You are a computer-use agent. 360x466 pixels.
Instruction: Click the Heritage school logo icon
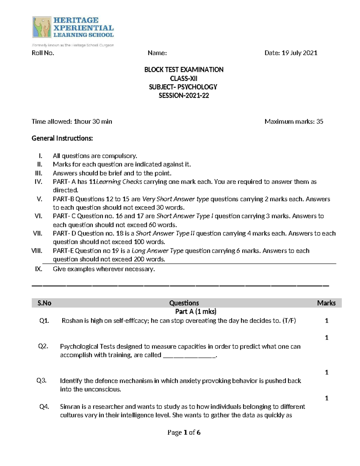pyautogui.click(x=42, y=27)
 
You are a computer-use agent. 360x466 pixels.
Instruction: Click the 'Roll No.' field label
pyautogui.click(x=43, y=53)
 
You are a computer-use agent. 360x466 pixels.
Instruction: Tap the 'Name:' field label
pyautogui.click(x=157, y=53)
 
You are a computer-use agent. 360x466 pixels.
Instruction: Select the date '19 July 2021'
pyautogui.click(x=299, y=53)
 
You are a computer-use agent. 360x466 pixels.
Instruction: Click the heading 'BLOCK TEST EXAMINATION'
pyautogui.click(x=184, y=70)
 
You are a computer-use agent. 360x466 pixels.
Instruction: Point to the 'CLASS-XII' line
pyautogui.click(x=184, y=78)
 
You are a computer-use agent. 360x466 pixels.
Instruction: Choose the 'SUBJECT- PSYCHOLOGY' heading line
pyautogui.click(x=183, y=87)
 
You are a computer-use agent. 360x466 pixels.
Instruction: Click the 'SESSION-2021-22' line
pyautogui.click(x=184, y=96)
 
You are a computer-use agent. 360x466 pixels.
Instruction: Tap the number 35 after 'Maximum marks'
pyautogui.click(x=320, y=122)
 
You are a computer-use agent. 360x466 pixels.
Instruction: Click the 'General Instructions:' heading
pyautogui.click(x=62, y=138)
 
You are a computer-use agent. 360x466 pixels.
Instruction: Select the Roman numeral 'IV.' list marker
pyautogui.click(x=38, y=182)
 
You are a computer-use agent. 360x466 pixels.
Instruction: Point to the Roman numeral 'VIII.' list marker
pyautogui.click(x=37, y=251)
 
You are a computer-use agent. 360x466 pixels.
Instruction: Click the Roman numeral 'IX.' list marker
pyautogui.click(x=38, y=269)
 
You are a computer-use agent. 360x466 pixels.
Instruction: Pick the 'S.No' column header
pyautogui.click(x=44, y=303)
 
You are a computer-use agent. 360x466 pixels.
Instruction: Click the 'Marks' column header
pyautogui.click(x=326, y=303)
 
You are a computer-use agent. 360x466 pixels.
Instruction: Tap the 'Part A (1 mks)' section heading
pyautogui.click(x=196, y=311)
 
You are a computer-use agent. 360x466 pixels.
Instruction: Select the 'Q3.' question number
pyautogui.click(x=42, y=381)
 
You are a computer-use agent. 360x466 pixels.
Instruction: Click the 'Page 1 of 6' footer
pyautogui.click(x=184, y=432)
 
